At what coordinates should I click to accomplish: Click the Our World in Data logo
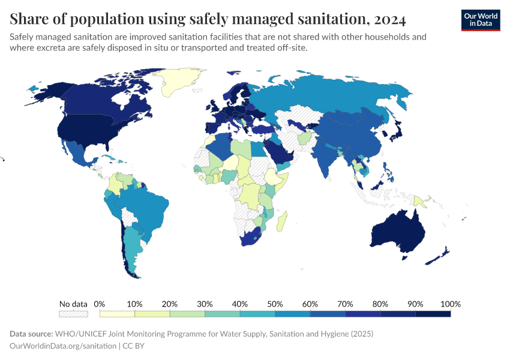click(x=480, y=19)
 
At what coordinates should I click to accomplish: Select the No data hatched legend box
click(x=73, y=313)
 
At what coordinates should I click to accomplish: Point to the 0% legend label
click(x=100, y=304)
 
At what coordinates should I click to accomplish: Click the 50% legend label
click(x=275, y=304)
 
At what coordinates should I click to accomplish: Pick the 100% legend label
click(x=450, y=304)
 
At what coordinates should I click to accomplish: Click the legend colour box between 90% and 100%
click(x=433, y=313)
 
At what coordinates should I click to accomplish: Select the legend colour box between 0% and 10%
click(x=117, y=313)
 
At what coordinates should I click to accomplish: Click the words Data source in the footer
click(x=31, y=334)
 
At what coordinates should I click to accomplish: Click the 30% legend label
click(x=205, y=304)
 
